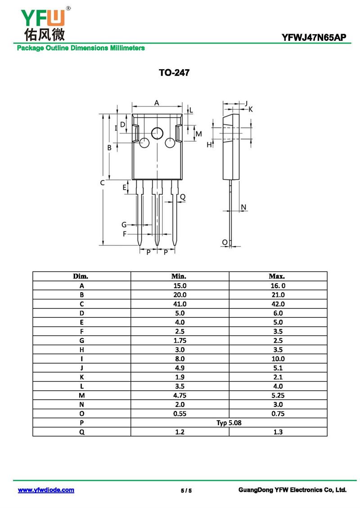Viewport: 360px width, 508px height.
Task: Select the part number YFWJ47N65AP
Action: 314,38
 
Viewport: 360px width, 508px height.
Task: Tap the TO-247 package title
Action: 174,72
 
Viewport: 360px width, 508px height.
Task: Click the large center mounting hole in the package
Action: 157,133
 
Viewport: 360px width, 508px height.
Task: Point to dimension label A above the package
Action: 157,102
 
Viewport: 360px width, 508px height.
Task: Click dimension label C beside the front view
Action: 103,183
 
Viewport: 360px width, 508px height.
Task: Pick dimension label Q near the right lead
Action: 183,197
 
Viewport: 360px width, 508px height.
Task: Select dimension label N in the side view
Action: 243,207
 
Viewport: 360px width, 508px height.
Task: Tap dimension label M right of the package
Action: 199,134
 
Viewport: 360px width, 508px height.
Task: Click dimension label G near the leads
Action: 124,224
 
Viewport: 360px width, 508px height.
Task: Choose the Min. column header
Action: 179,276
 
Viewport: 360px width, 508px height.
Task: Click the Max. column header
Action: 277,276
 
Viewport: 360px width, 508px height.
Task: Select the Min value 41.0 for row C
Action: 180,304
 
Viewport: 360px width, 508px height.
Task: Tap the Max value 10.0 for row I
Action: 278,359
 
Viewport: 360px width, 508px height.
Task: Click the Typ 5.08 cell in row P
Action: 229,423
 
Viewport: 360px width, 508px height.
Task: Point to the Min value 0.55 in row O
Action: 180,414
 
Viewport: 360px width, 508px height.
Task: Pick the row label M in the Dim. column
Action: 82,395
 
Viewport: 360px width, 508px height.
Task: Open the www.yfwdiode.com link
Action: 46,490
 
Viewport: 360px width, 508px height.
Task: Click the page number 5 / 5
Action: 186,490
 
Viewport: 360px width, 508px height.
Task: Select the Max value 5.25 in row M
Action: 278,395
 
